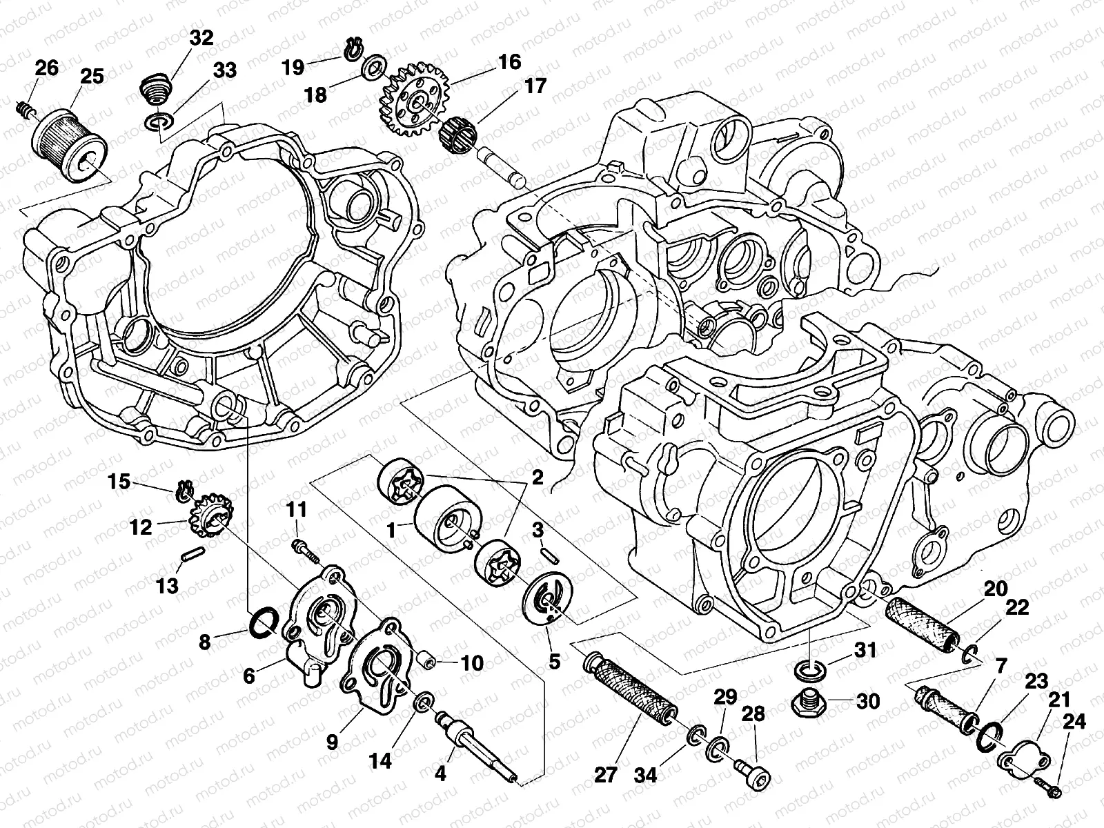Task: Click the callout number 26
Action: (x=46, y=68)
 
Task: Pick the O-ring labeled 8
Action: (x=262, y=623)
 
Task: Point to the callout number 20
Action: (x=996, y=589)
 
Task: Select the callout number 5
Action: (x=554, y=660)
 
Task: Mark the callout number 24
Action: (x=1074, y=722)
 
